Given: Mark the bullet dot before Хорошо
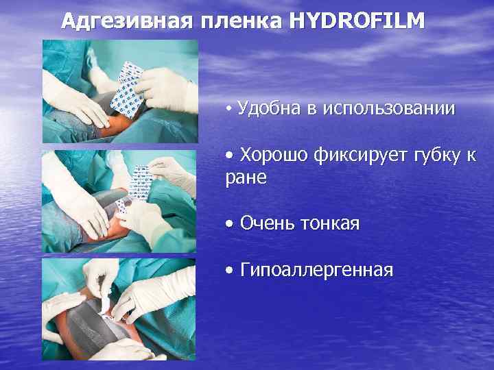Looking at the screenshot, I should pyautogui.click(x=229, y=157).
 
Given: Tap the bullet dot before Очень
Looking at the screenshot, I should pyautogui.click(x=229, y=225).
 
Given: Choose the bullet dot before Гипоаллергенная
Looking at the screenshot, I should pyautogui.click(x=229, y=271).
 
